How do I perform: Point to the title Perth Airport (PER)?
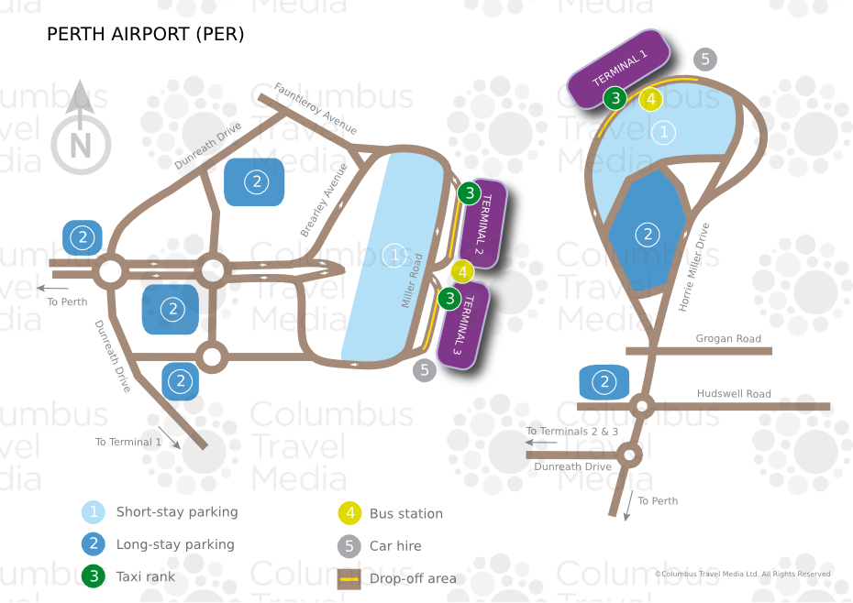pos(145,35)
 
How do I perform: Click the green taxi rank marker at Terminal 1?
pos(615,98)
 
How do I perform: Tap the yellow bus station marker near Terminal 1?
pos(650,99)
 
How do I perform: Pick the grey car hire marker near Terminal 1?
pos(704,60)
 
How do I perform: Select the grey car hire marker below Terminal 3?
pos(424,370)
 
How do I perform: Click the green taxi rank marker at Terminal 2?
pos(469,193)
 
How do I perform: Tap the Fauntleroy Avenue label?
pos(316,108)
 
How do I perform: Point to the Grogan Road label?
pos(728,338)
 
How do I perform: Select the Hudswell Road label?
pos(734,393)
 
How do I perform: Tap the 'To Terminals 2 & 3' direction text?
pos(572,431)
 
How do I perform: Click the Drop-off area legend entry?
pos(412,578)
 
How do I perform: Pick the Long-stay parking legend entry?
pos(174,544)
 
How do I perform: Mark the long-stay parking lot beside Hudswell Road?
pos(604,382)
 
